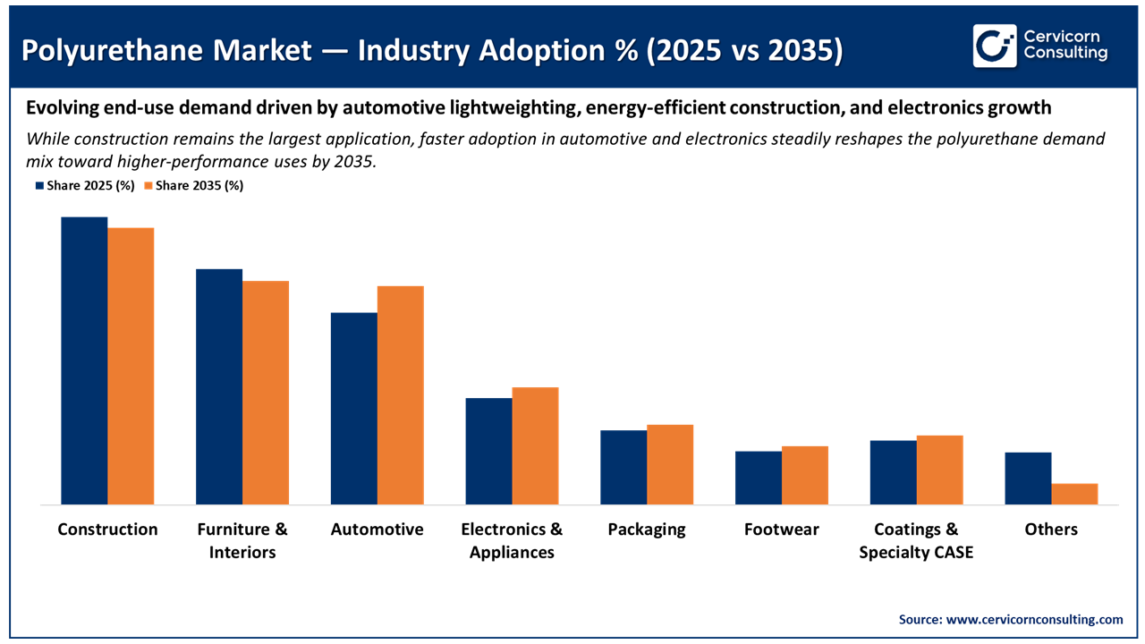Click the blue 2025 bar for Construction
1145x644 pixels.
(84, 360)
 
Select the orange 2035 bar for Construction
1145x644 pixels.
(131, 366)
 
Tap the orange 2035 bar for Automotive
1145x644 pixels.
(400, 395)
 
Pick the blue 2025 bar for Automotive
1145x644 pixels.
(353, 409)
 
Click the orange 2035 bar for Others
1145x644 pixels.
(1074, 495)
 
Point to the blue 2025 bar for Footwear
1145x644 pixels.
(759, 478)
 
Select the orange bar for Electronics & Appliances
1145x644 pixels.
(535, 445)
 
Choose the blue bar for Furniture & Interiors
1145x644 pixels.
(219, 386)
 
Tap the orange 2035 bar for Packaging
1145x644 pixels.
(670, 464)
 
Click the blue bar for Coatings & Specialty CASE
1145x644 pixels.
(893, 472)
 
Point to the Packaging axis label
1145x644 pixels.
(646, 529)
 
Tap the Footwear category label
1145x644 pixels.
(781, 529)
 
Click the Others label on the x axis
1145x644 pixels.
(1051, 529)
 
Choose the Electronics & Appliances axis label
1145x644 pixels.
(512, 540)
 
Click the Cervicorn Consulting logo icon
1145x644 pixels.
(995, 46)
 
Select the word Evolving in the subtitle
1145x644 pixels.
(60, 108)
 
